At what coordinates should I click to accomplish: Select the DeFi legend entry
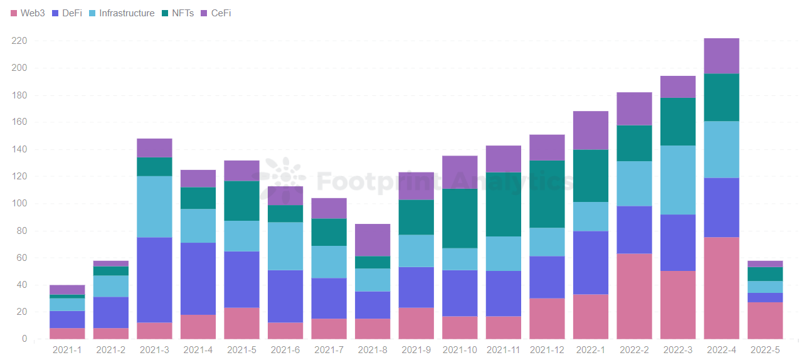click(x=67, y=13)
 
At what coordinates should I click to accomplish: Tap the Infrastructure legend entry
click(x=121, y=13)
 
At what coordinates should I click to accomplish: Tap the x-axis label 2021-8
click(x=372, y=350)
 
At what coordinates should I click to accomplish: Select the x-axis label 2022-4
click(x=721, y=350)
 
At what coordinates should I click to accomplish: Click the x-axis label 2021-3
click(x=154, y=350)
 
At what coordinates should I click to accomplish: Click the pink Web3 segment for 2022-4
click(x=721, y=288)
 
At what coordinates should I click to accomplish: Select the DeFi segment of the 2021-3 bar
click(x=154, y=280)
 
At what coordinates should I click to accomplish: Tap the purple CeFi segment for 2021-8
click(x=372, y=240)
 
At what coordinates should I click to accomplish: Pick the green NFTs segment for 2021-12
click(x=547, y=194)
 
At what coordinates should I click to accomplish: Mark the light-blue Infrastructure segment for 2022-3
click(x=678, y=180)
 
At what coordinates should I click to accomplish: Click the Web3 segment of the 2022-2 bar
click(x=634, y=296)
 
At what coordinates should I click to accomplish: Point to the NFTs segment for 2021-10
click(x=460, y=218)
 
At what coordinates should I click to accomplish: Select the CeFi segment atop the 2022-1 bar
click(x=591, y=130)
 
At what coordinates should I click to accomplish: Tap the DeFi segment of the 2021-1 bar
click(x=67, y=319)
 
